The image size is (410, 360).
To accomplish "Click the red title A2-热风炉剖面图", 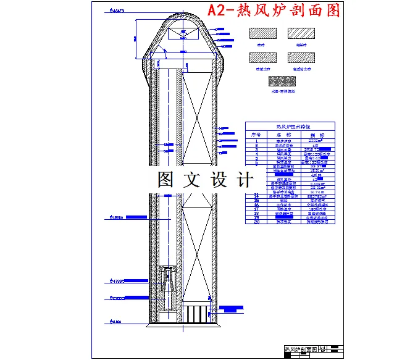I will pos(282,11).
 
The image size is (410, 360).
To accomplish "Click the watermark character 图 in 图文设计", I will pos(165,180).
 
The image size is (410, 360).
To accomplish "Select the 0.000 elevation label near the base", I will pos(116,321).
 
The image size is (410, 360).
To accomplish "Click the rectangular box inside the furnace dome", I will pos(182,35).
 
